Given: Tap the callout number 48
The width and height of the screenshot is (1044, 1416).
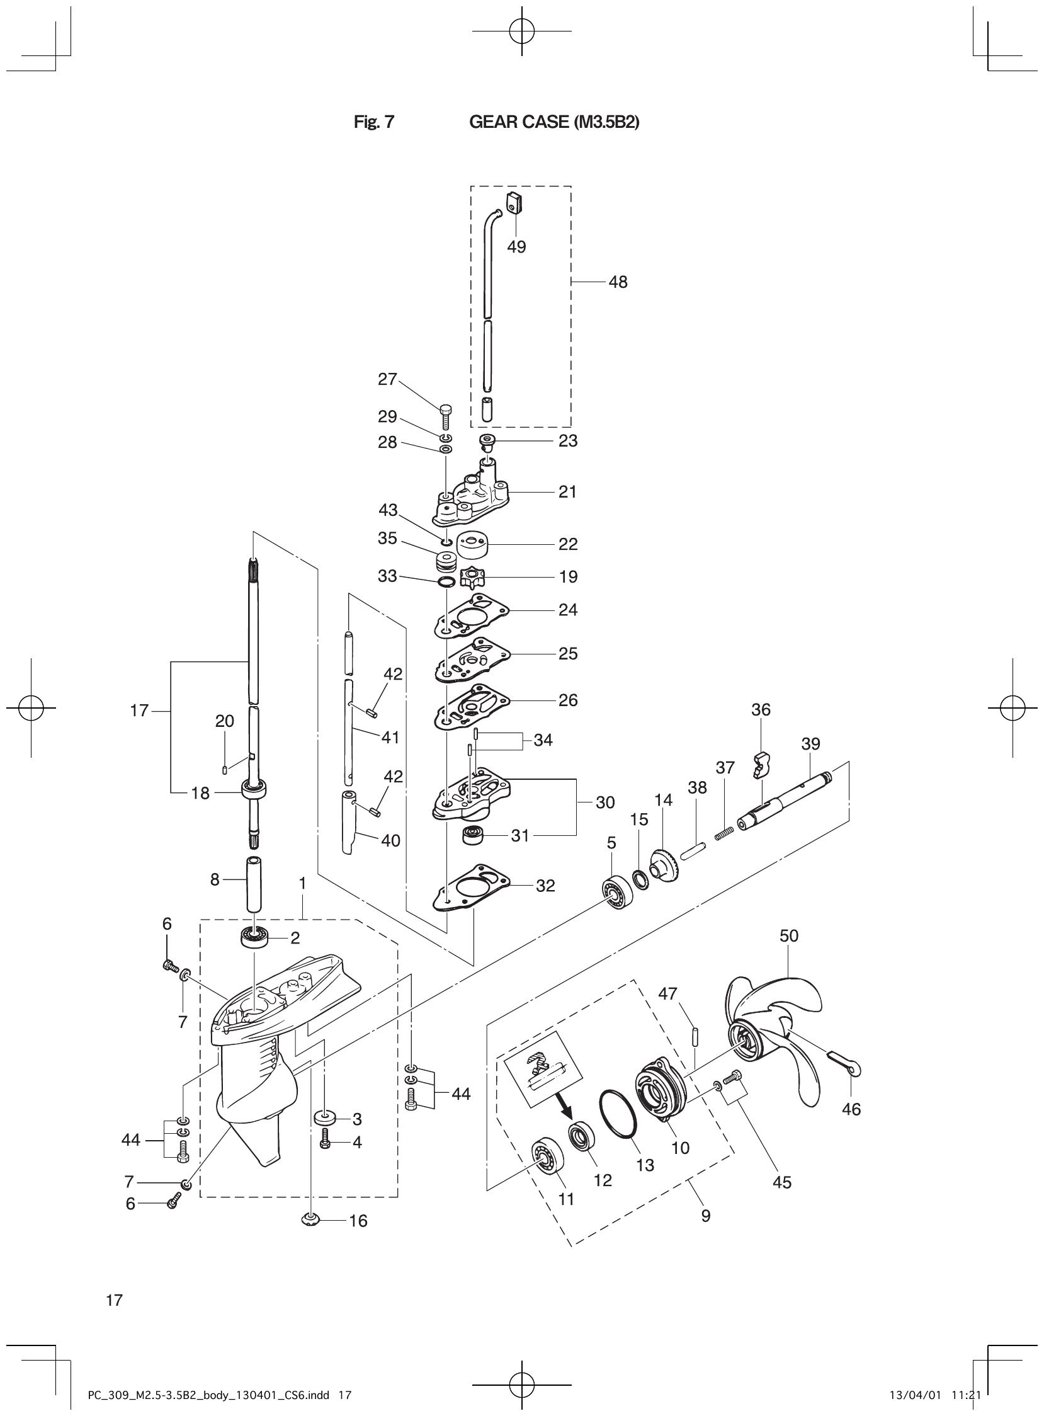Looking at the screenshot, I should (618, 282).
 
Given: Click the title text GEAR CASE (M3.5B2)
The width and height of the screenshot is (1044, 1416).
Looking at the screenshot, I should (553, 122).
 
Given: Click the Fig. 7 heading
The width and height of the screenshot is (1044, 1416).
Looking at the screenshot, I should (373, 122).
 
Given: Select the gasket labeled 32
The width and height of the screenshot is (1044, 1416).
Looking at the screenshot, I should (473, 890).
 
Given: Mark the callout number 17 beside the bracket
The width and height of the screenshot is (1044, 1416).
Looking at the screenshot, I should (139, 711).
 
